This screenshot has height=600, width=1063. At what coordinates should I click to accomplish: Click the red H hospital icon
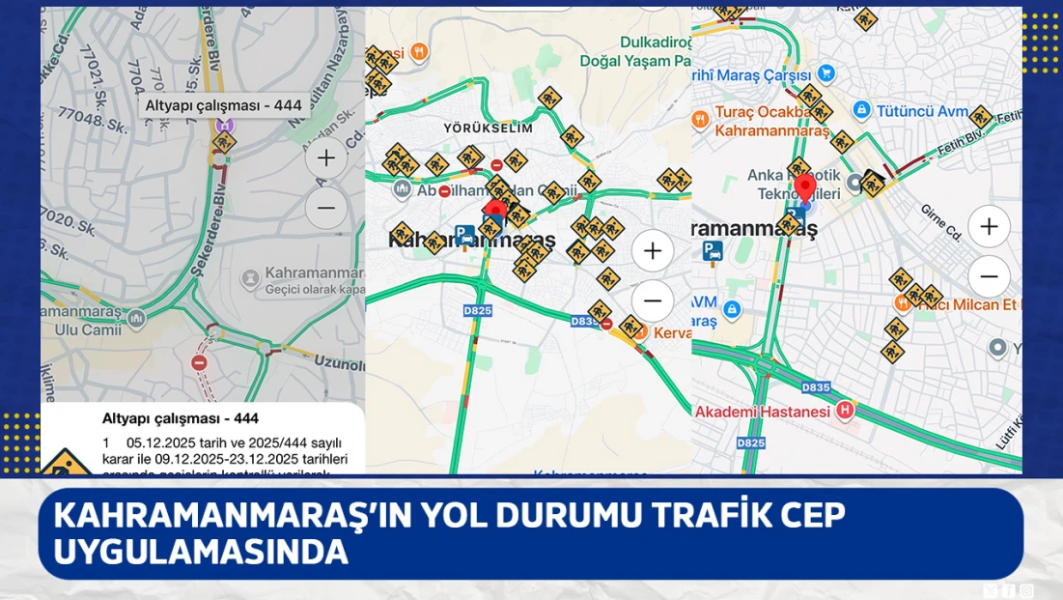coord(846,411)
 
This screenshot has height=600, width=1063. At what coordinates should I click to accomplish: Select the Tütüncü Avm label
coord(921,111)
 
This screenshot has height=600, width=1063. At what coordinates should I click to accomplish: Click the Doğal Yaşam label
coord(626,60)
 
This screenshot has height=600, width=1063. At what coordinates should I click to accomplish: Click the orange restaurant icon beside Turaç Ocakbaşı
coord(701,119)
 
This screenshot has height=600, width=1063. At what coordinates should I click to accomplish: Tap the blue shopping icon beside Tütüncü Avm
coord(862,111)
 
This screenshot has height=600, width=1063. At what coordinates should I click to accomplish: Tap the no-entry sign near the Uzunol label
coord(199,362)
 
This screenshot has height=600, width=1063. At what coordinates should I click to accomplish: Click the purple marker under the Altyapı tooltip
coord(224,126)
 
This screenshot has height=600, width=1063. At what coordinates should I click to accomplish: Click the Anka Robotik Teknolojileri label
coord(793,184)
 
